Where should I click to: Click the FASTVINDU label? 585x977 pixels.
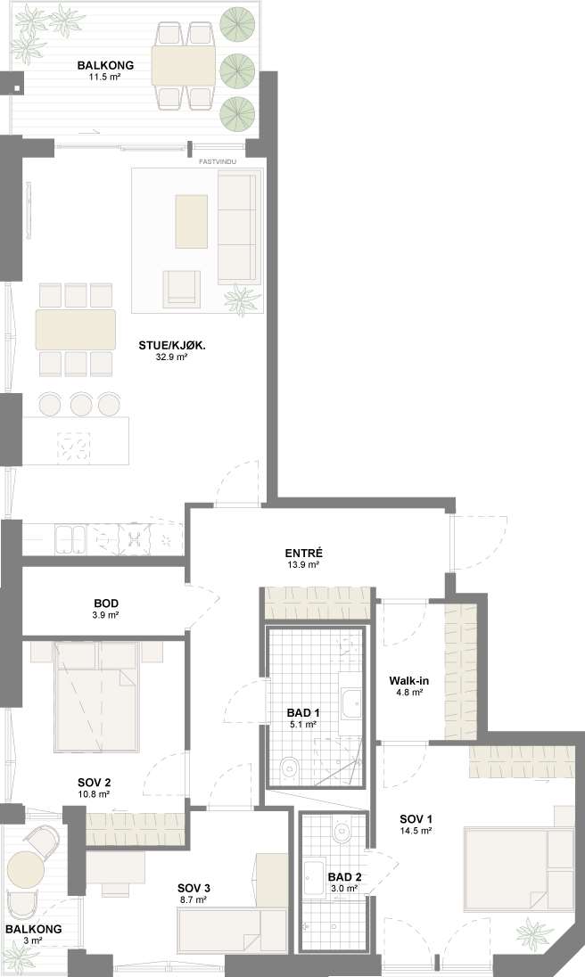(218, 162)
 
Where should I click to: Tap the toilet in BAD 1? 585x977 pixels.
(288, 768)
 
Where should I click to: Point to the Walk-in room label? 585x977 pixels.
(408, 680)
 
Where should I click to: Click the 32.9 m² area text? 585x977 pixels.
(171, 357)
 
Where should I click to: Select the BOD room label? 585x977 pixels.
(106, 603)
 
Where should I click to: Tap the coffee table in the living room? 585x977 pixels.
(191, 221)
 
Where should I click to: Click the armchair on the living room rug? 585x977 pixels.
(182, 289)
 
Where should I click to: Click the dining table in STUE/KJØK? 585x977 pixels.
(76, 329)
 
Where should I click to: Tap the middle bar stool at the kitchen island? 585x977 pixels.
(82, 405)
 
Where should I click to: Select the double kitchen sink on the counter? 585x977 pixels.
(70, 539)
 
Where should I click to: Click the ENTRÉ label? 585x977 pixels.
(303, 553)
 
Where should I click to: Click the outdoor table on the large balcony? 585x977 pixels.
(184, 66)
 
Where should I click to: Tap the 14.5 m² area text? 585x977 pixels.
(416, 831)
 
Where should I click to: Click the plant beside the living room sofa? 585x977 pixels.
(242, 300)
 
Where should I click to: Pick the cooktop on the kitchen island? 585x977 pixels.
(73, 448)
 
